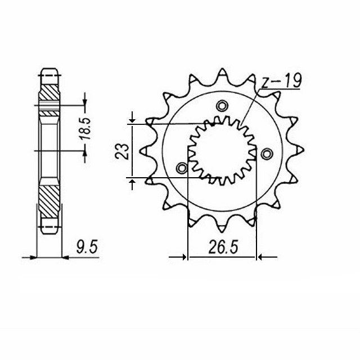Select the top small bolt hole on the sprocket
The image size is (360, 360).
(222, 105)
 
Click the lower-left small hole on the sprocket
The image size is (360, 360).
(182, 168)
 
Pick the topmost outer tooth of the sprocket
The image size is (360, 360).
(223, 73)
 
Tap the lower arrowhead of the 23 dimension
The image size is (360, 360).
(132, 181)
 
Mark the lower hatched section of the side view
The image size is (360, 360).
(49, 202)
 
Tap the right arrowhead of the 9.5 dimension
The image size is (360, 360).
(64, 258)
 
